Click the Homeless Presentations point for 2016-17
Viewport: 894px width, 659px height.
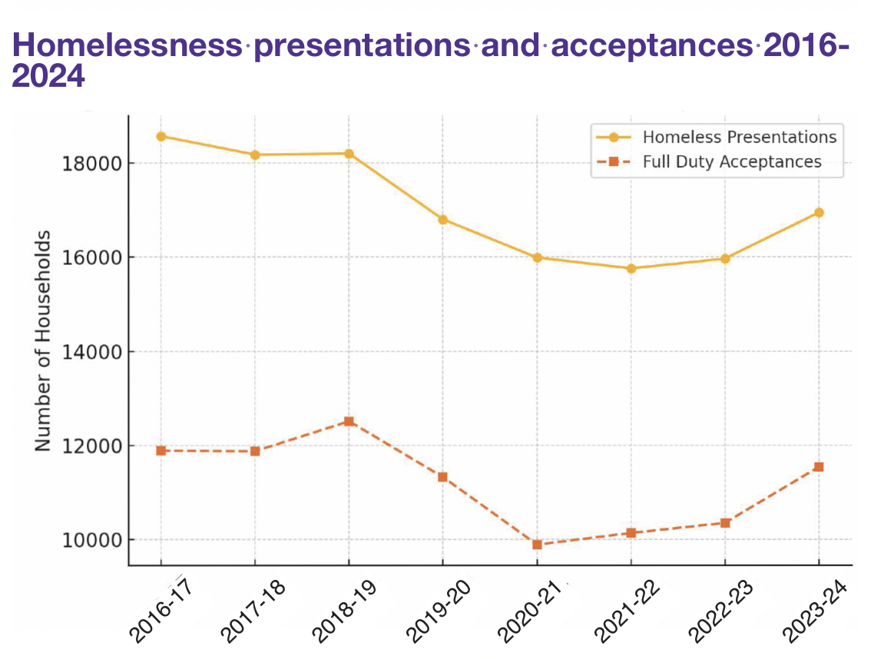click(161, 136)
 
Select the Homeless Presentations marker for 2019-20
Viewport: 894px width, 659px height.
click(443, 220)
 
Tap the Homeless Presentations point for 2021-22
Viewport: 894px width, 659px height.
click(631, 268)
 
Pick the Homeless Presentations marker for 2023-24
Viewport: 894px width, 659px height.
click(819, 212)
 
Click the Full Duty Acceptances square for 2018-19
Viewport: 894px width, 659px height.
click(349, 421)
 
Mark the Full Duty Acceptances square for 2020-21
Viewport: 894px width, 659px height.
click(538, 545)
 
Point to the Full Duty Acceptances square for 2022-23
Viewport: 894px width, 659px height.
click(725, 523)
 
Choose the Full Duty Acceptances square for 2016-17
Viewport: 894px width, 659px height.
click(161, 450)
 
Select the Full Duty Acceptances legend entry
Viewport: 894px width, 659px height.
click(731, 161)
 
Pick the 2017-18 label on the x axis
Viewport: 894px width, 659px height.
click(253, 610)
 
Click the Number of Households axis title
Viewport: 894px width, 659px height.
click(44, 340)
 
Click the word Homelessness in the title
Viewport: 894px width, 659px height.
click(127, 46)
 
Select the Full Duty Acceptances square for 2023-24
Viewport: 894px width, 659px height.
click(819, 467)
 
